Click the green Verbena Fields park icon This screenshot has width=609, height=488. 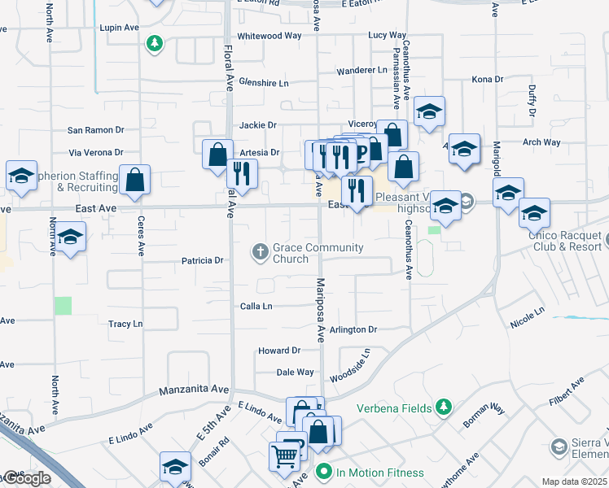tap(444, 406)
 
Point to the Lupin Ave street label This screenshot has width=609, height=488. tap(119, 28)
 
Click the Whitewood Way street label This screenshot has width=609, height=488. tap(269, 36)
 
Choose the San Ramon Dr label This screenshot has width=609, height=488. tap(95, 129)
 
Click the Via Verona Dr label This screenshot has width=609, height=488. tap(96, 152)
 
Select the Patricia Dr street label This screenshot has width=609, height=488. tap(202, 261)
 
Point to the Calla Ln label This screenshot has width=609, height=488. tap(256, 306)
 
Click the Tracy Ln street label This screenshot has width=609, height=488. tap(125, 324)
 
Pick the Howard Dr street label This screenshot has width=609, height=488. tap(279, 351)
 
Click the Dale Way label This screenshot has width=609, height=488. tap(296, 372)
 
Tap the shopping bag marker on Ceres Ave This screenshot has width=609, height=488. tap(134, 181)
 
